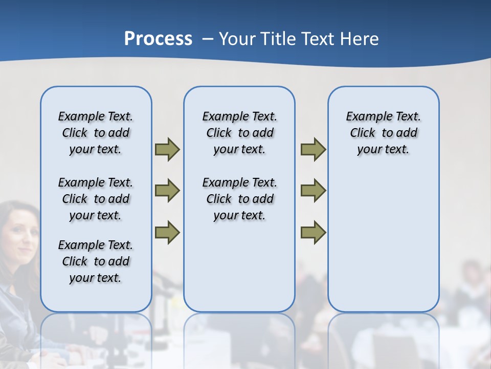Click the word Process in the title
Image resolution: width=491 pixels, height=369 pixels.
click(158, 39)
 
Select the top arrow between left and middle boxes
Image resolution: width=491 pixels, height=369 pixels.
click(167, 149)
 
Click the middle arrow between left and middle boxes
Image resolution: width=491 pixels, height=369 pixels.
click(167, 191)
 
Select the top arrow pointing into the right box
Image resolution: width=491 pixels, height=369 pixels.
click(313, 149)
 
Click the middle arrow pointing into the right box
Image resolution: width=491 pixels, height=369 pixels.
click(313, 191)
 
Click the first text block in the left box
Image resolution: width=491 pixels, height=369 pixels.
click(96, 133)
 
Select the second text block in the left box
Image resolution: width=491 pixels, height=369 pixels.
click(96, 199)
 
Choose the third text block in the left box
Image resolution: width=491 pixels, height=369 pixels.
click(96, 261)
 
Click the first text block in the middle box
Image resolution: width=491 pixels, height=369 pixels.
click(239, 133)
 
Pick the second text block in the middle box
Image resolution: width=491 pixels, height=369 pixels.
click(239, 199)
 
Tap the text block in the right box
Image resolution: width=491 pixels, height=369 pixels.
click(383, 133)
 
